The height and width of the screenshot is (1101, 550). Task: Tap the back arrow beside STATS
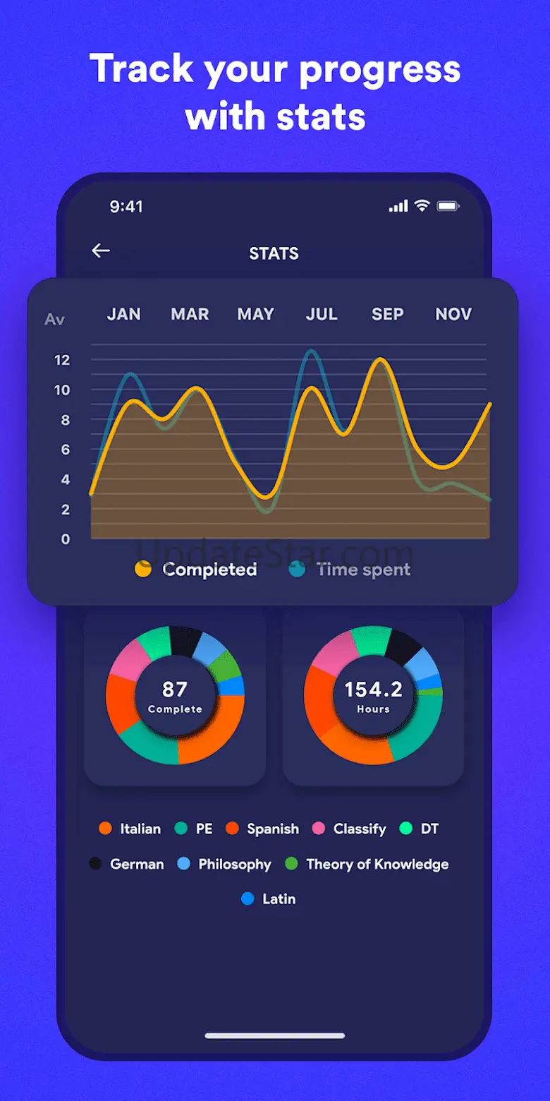pos(101,251)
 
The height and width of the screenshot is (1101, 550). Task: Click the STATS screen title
pos(274,253)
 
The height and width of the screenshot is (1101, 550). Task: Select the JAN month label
pos(123,314)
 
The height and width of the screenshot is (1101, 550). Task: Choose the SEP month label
pos(387,314)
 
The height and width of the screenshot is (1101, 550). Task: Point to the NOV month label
pos(453,314)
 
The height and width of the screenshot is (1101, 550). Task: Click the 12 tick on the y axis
pos(62,360)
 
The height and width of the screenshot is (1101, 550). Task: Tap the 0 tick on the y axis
pos(66,539)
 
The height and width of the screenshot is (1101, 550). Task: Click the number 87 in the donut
pos(175,689)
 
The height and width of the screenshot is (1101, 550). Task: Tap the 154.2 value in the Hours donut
pos(373,689)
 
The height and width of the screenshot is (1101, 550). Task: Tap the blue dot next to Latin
pos(248,899)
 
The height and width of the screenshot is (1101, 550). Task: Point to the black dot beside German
pos(95,864)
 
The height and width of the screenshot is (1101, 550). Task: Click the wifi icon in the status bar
pos(422,206)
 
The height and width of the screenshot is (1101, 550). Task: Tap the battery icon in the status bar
pos(448,206)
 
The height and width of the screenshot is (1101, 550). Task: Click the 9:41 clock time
pos(126,206)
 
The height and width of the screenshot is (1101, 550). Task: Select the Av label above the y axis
pos(54,319)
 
